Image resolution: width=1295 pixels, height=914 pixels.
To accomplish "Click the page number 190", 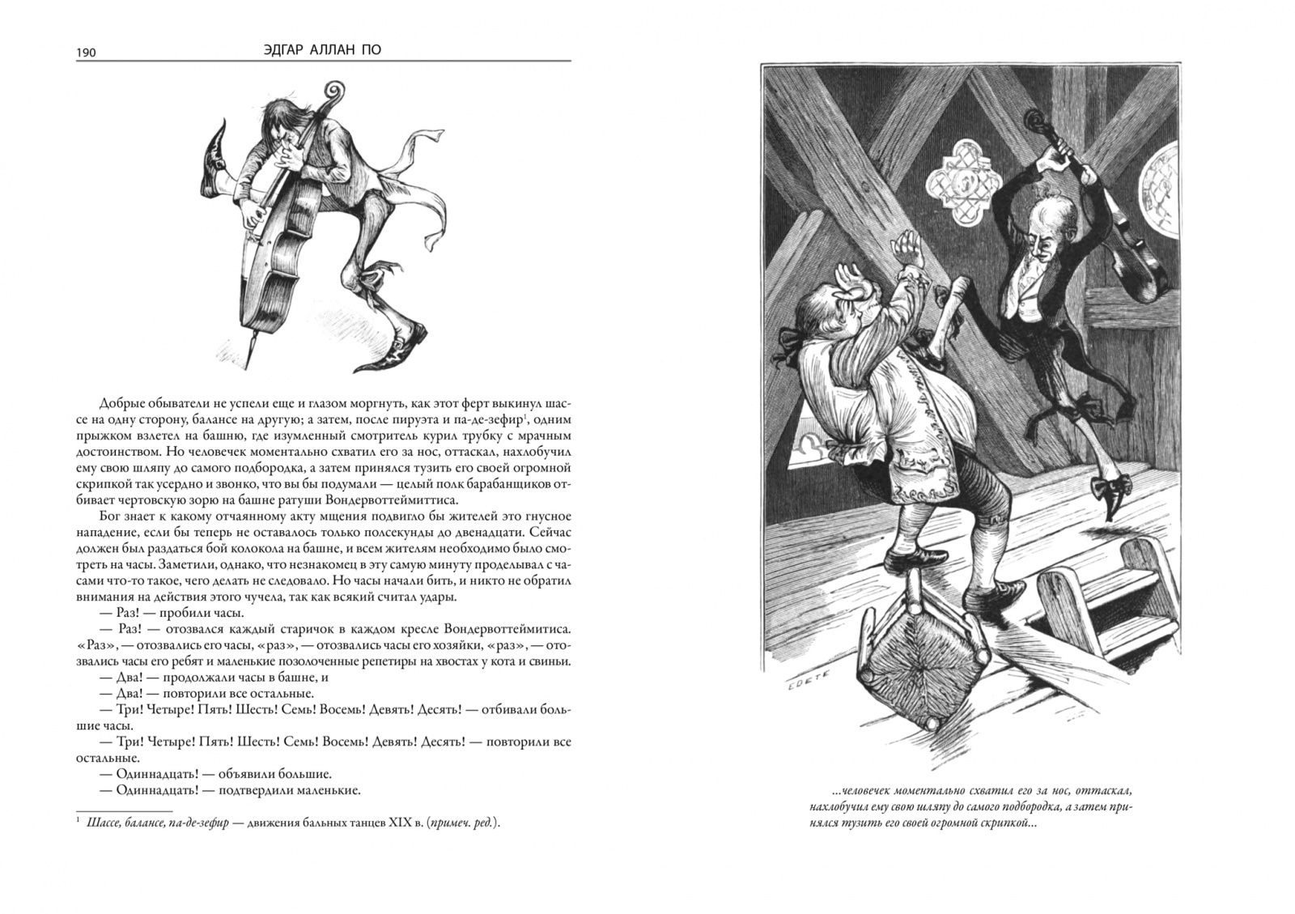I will (x=87, y=53).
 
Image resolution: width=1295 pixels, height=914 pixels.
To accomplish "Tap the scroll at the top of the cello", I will (x=334, y=91).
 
